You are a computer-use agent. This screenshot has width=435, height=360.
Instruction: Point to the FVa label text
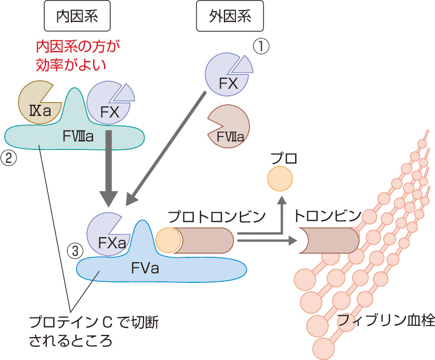coord(145,267)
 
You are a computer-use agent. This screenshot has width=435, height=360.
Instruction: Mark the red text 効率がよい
coord(71,65)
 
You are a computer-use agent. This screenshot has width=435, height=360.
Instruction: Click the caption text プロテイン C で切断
coord(94,323)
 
